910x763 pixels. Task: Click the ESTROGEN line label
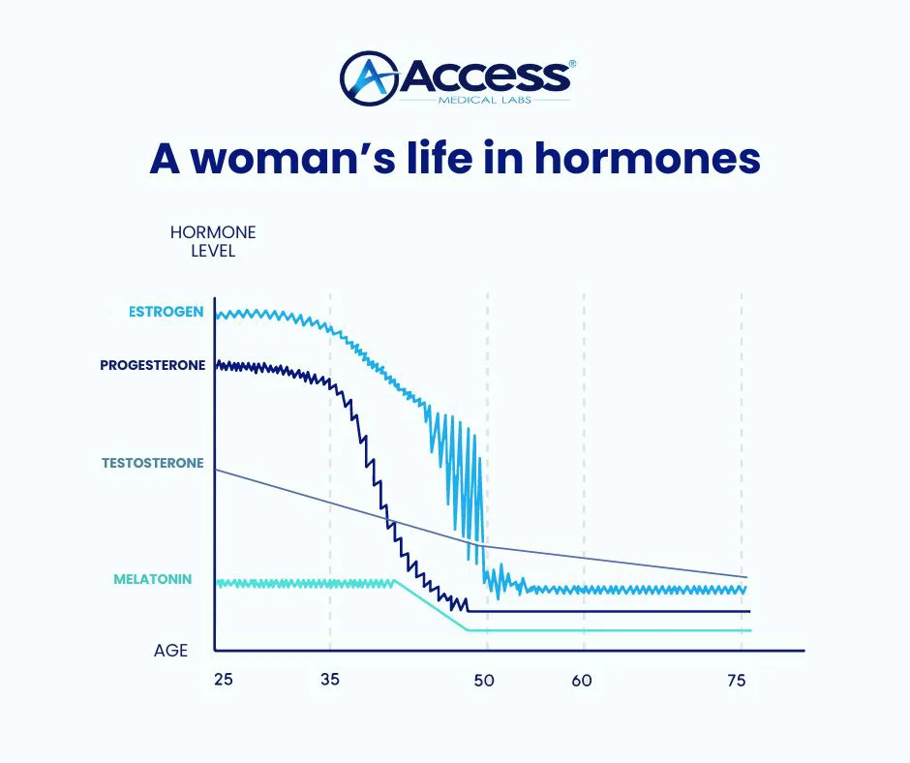[x=166, y=312]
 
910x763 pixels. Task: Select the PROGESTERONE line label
[x=153, y=365]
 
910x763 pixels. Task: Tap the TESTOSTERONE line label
[x=153, y=463]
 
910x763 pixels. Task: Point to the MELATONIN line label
[x=153, y=579]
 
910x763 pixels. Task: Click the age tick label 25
[x=224, y=679]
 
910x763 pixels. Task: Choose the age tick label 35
[x=330, y=679]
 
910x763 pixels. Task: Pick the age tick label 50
[x=484, y=680]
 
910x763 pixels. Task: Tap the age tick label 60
[x=582, y=680]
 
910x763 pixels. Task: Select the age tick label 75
[x=737, y=680]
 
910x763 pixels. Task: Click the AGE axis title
[x=170, y=651]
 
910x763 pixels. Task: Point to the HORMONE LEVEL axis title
[x=213, y=241]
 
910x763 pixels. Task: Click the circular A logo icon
[x=369, y=78]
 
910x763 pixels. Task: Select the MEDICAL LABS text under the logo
[x=485, y=100]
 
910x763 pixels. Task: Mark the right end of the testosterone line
[x=746, y=577]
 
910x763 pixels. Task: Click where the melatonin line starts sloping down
[x=396, y=580]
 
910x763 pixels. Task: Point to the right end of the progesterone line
[x=750, y=611]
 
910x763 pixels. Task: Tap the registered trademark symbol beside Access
[x=573, y=64]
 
